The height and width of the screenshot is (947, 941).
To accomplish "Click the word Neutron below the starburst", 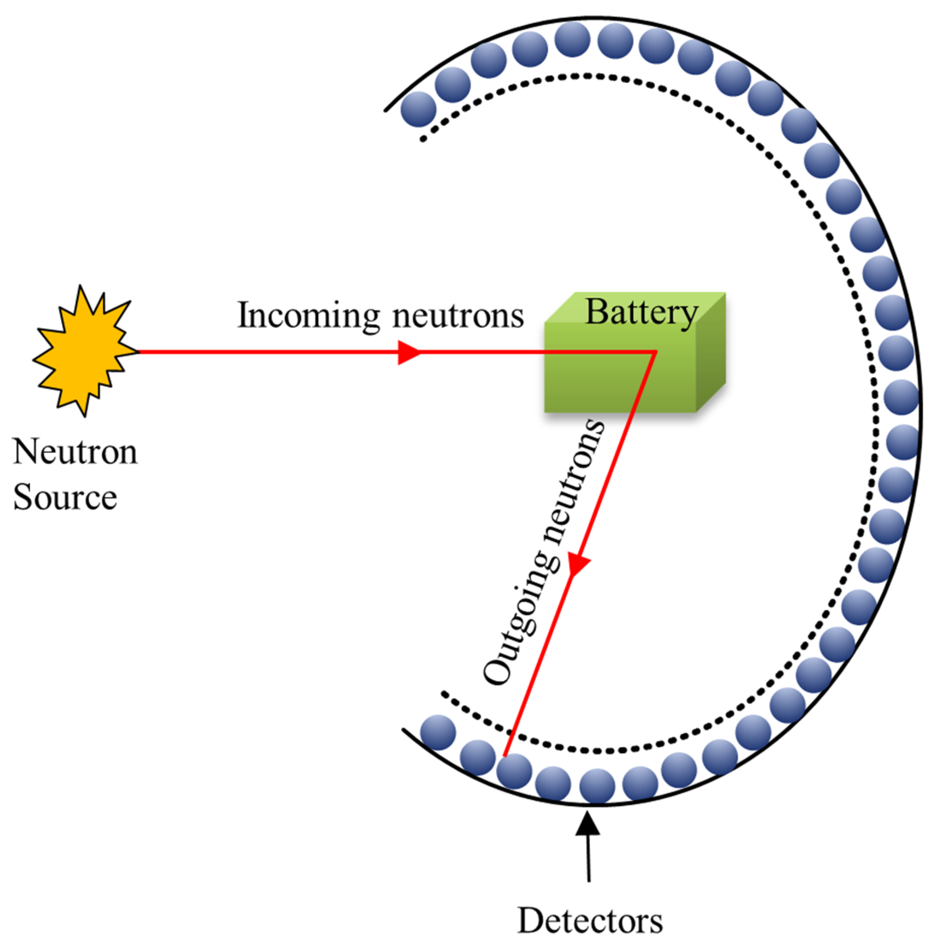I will pos(75,451).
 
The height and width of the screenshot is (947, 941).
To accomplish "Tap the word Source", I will pos(65,497).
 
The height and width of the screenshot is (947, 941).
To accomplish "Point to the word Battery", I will pos(642,312).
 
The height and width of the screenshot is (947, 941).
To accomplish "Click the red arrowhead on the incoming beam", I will pos(408,352).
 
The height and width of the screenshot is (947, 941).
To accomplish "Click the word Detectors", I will pos(590,921).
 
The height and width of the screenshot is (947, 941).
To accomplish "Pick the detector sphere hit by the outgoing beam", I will pos(514,771).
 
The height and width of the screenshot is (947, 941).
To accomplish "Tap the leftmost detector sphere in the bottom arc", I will pos(438,732).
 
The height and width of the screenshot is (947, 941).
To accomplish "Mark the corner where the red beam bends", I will pos(655,352).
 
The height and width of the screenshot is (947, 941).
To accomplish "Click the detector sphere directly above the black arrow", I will pos(597,786).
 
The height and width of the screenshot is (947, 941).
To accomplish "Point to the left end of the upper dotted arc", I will pos(423,140).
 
